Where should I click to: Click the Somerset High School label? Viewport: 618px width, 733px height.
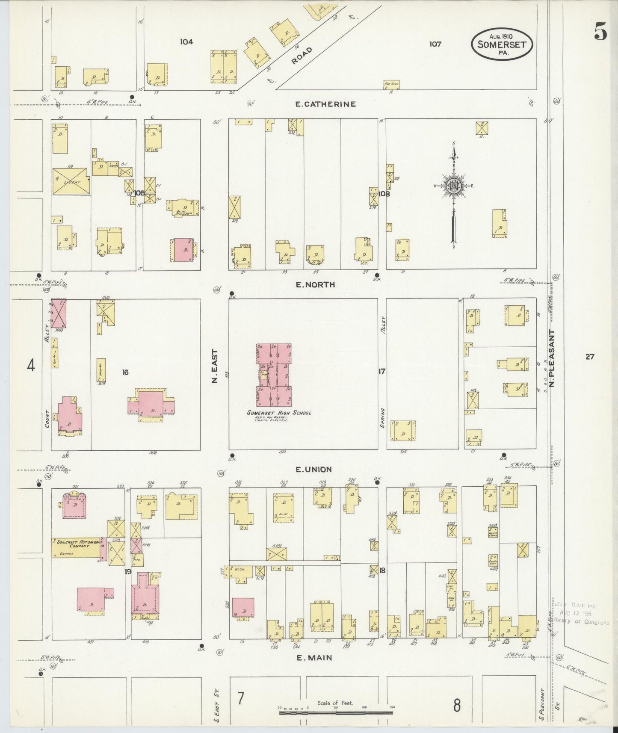pos(278,413)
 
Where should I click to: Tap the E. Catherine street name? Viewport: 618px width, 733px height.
pos(326,104)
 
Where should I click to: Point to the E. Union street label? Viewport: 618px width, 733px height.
pos(313,470)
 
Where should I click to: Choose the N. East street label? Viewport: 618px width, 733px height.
pos(215,366)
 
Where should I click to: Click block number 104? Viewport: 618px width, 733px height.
pos(186,41)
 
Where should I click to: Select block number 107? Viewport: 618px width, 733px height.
pos(435,44)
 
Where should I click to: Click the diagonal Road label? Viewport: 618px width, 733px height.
pos(302,56)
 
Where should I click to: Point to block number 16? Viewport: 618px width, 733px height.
pos(125,372)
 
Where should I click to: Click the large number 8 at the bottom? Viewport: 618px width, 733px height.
pos(457,705)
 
